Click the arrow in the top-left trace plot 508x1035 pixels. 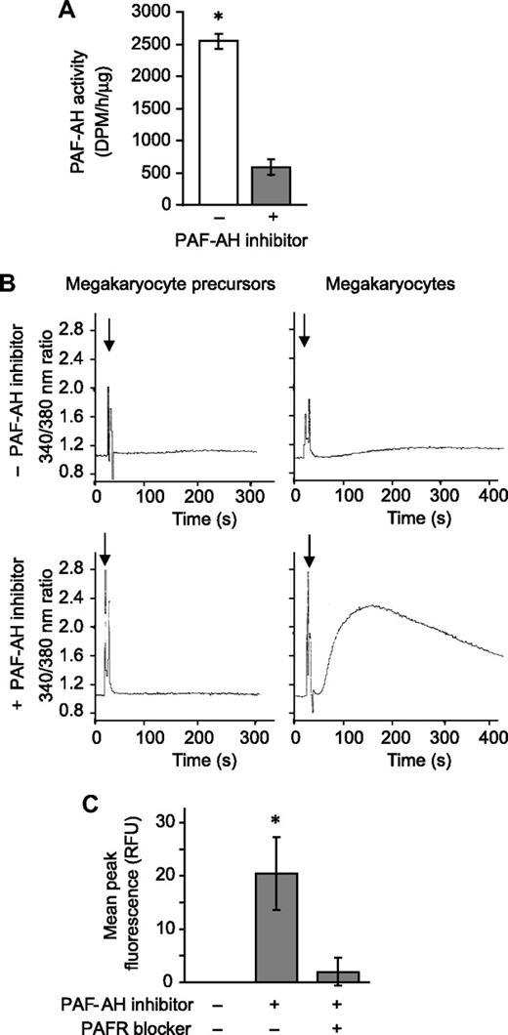[109, 332]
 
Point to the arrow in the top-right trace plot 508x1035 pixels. [304, 332]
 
